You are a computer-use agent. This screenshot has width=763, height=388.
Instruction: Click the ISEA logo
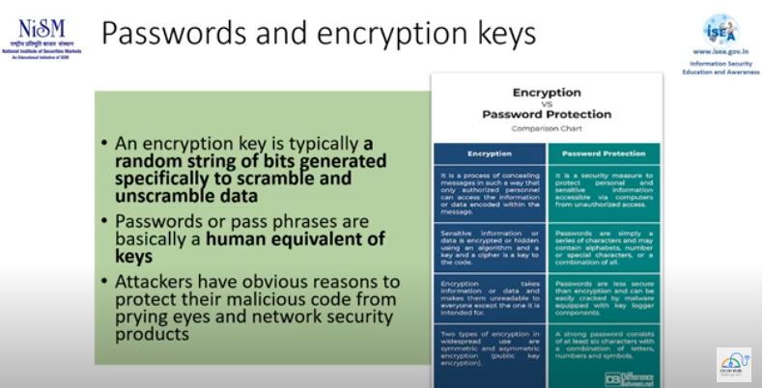pos(720,29)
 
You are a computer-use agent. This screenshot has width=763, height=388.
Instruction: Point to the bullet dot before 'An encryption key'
pos(104,144)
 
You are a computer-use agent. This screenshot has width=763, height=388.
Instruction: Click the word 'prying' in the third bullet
pos(147,318)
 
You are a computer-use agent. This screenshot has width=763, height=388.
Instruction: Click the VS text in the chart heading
pos(547,103)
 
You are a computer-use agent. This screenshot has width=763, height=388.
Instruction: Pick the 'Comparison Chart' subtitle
pos(547,127)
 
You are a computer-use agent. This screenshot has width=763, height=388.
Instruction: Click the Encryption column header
pos(490,153)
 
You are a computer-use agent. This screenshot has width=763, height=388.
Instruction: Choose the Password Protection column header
pos(604,153)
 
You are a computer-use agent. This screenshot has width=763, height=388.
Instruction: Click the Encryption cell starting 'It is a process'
pos(490,193)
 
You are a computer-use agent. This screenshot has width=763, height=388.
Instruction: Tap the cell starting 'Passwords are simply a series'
pos(604,247)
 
